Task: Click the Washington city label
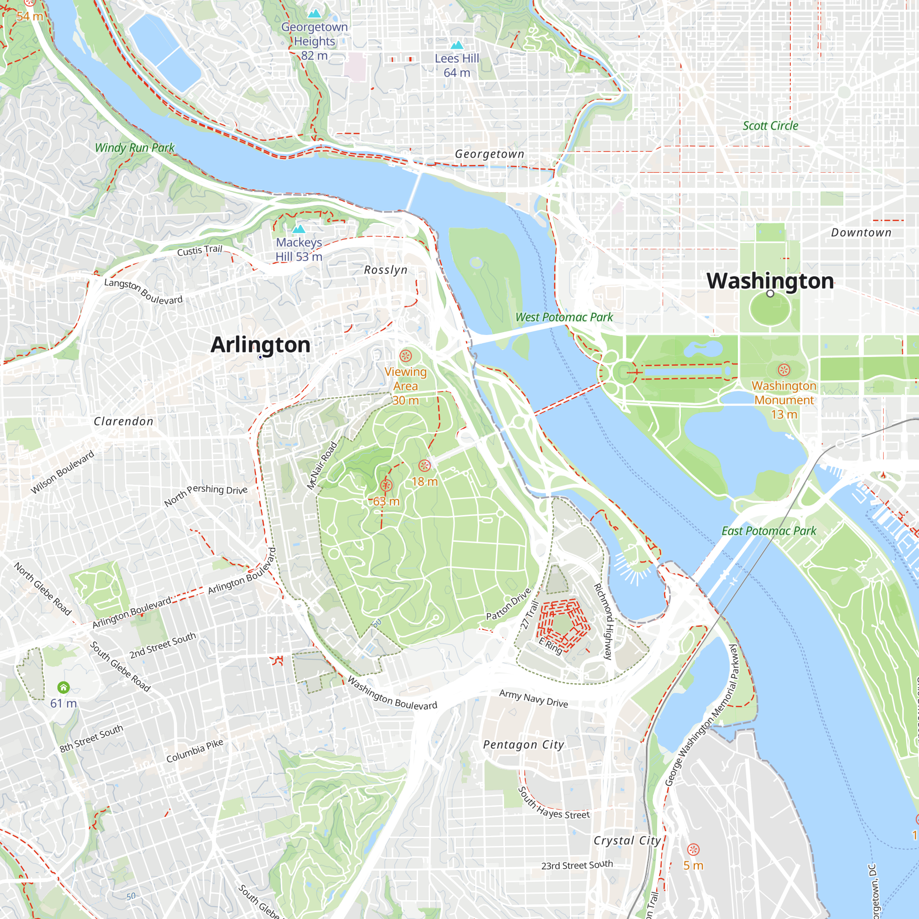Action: [x=770, y=281]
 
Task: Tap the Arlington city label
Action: [x=260, y=345]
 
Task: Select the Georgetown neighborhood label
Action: [x=489, y=154]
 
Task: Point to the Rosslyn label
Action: [x=386, y=270]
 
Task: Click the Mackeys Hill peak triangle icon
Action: [x=299, y=229]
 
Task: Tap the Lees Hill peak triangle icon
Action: [x=457, y=45]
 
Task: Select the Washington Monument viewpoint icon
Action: [x=784, y=369]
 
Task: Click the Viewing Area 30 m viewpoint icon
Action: [x=405, y=356]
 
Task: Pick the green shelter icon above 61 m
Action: [x=63, y=687]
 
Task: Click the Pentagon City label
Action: [x=523, y=745]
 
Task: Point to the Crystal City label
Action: [x=627, y=840]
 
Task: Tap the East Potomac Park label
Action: [x=769, y=531]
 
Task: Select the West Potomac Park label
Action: [x=564, y=317]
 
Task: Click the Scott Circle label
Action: [x=770, y=126]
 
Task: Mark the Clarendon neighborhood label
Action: [x=124, y=421]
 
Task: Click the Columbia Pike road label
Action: [x=194, y=751]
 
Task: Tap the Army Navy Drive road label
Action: [x=533, y=699]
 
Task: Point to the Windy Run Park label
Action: [x=135, y=148]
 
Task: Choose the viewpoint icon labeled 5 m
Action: [x=693, y=849]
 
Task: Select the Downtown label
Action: [x=861, y=233]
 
